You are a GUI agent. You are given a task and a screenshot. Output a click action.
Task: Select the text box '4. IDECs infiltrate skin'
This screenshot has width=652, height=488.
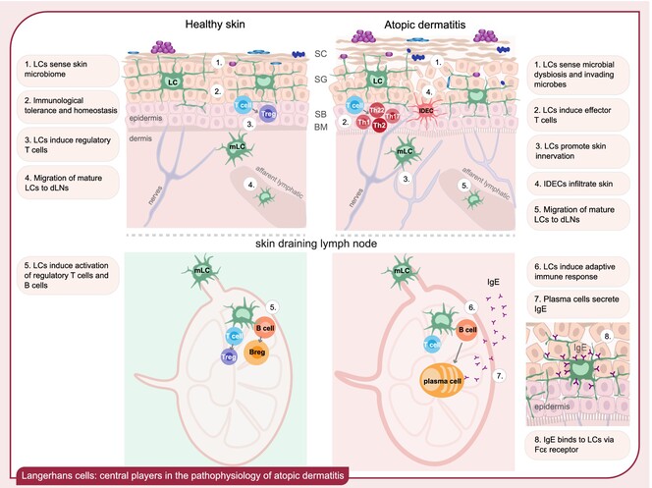click(587, 181)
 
